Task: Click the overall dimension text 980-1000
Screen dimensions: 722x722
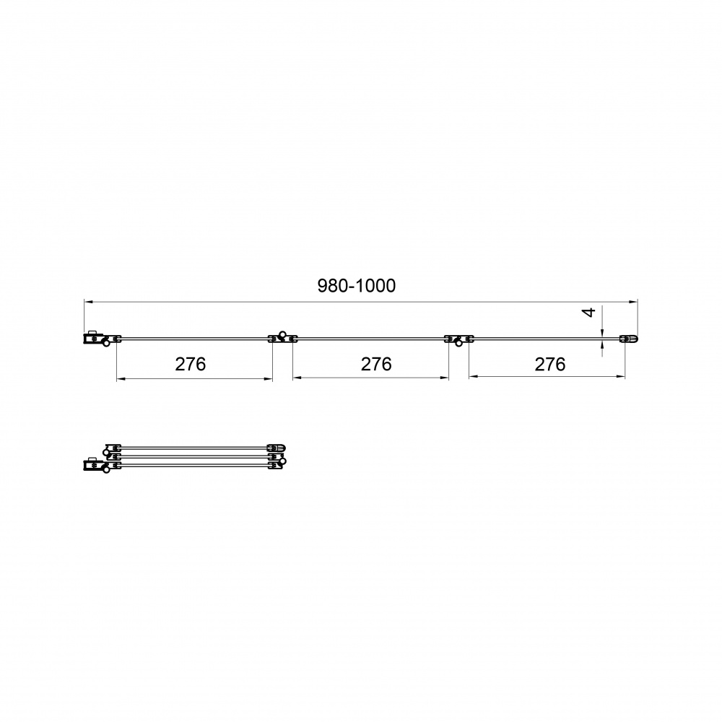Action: click(357, 286)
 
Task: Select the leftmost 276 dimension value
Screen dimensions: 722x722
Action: click(191, 364)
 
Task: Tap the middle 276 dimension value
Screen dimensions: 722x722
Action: click(375, 364)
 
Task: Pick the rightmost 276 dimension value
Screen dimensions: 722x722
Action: click(550, 364)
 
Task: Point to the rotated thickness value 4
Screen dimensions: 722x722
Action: click(589, 313)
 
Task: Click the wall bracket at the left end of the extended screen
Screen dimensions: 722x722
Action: click(92, 338)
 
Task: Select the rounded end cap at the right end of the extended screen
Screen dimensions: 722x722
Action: click(630, 338)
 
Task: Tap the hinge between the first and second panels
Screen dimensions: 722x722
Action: click(282, 337)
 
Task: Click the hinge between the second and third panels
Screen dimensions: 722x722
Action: click(458, 338)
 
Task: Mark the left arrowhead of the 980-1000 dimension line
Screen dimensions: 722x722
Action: click(88, 301)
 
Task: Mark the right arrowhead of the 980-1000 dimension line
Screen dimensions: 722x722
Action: click(633, 301)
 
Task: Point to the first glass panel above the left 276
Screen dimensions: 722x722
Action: click(195, 338)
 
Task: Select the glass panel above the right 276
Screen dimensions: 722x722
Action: click(545, 338)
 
